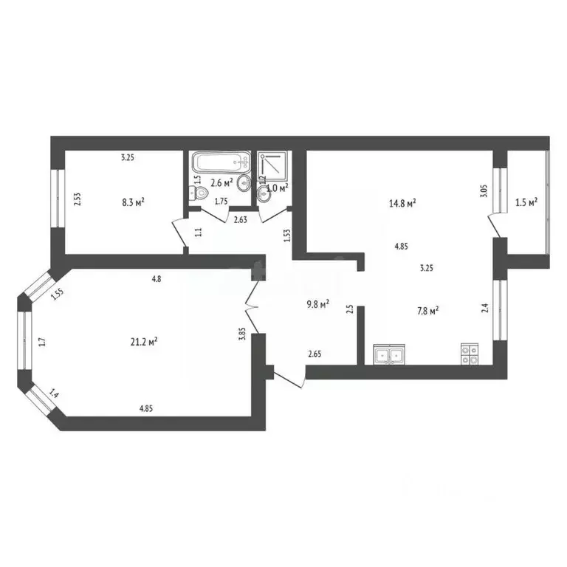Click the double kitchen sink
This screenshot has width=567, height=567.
coord(388,355)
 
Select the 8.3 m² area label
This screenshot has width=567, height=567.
coord(132,201)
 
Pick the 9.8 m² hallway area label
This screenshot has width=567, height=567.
coord(317,302)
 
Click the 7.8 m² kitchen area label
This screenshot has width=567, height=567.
coord(427,311)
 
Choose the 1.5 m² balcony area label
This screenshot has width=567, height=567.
coord(526,201)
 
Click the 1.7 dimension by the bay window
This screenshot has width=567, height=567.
coord(41,341)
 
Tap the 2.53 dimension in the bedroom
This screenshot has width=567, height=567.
coord(77,201)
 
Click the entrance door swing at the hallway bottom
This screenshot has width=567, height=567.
coord(289,378)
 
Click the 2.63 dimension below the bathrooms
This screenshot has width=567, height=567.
coord(241,219)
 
